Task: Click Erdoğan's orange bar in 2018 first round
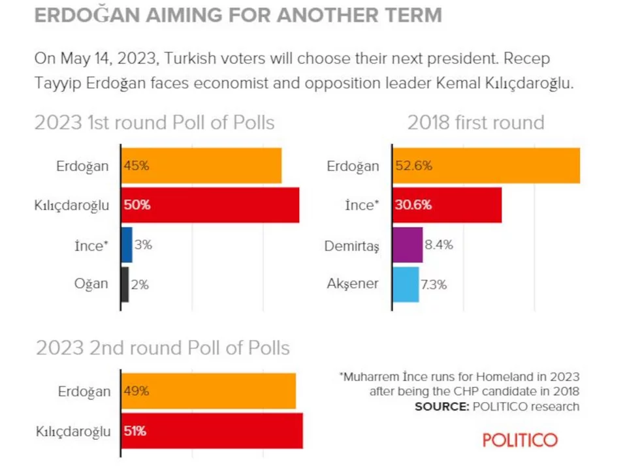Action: tap(486, 166)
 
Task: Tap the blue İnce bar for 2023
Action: tap(127, 245)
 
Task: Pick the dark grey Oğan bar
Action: tap(125, 284)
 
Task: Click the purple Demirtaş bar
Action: tap(408, 245)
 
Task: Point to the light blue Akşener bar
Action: tap(406, 284)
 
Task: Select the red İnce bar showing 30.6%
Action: tap(447, 205)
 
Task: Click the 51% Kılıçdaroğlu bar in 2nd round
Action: tap(212, 430)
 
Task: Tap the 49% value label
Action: tap(137, 392)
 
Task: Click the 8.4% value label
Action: tap(439, 245)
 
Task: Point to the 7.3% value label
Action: tap(434, 285)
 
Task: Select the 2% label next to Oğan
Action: tap(139, 285)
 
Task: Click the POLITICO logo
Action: tap(520, 439)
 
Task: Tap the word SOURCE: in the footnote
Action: tap(440, 407)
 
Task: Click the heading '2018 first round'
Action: tap(475, 122)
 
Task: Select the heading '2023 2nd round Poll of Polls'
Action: tap(163, 347)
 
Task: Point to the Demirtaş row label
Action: tap(352, 246)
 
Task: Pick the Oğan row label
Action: tap(91, 284)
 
